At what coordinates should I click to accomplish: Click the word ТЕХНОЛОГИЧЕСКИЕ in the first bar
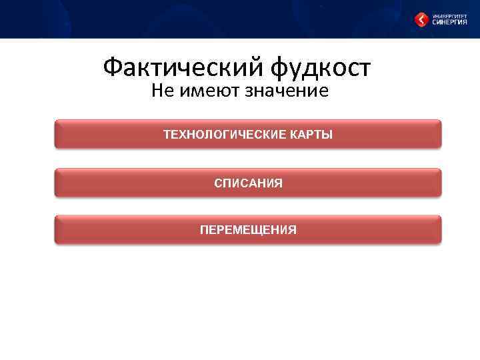pos(225,135)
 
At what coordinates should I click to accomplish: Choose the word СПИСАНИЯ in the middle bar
pos(248,183)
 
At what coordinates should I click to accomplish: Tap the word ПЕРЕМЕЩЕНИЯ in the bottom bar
pos(248,230)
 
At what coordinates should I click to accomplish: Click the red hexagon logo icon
pos(421,20)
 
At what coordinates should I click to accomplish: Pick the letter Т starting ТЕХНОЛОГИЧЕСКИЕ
pos(167,135)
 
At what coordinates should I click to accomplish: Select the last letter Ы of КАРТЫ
pos(327,135)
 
